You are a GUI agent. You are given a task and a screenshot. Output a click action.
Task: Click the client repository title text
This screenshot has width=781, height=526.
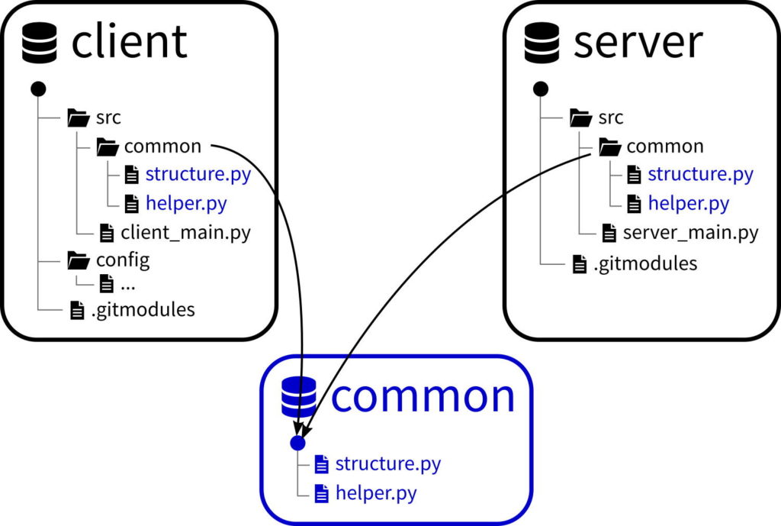click(x=129, y=41)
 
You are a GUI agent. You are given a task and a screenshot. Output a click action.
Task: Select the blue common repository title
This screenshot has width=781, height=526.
click(x=423, y=396)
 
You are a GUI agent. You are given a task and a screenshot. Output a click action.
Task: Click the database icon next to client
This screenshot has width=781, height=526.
click(x=40, y=42)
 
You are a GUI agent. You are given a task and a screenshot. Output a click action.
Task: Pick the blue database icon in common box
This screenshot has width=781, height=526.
click(x=299, y=397)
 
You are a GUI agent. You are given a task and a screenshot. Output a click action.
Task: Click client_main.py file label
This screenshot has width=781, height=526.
click(x=185, y=232)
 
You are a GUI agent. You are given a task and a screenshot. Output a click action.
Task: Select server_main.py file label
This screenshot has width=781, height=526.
click(x=690, y=232)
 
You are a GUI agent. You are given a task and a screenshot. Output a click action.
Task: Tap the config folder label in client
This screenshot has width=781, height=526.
click(x=123, y=260)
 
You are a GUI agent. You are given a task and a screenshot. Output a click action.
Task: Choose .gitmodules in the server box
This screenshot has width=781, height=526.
click(x=645, y=264)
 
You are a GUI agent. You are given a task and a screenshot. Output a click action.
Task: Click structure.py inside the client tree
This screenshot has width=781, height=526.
click(x=198, y=174)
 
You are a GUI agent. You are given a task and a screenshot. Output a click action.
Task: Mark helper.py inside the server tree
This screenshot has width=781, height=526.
click(x=688, y=204)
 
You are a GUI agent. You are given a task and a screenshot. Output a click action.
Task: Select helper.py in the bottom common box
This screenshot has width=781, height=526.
click(x=376, y=492)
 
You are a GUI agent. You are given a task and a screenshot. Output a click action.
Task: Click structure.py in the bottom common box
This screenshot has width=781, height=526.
click(x=387, y=463)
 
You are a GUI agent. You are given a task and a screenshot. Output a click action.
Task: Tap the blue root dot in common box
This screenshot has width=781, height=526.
click(x=298, y=442)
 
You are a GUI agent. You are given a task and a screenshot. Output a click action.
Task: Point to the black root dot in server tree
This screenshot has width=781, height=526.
click(x=541, y=89)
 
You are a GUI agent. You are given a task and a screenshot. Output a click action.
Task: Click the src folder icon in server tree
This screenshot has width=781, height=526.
click(x=581, y=118)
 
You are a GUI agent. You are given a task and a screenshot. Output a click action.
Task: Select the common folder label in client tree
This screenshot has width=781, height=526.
click(x=162, y=146)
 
